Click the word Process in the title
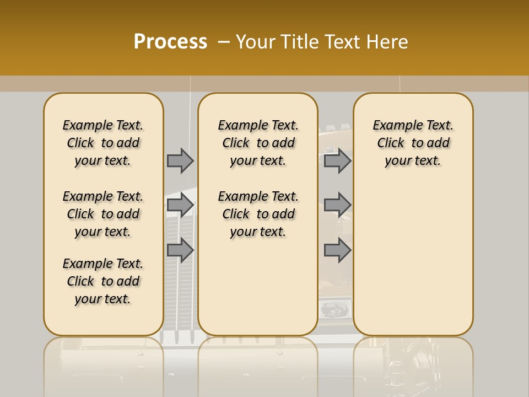[x=170, y=42]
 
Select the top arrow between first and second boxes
[x=180, y=160]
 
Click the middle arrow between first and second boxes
[x=180, y=205]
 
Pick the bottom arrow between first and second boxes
[x=180, y=250]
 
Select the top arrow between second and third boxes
[x=337, y=160]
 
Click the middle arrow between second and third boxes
[x=337, y=205]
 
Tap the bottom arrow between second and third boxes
[x=337, y=250]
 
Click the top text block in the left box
[x=103, y=143]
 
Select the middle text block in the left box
[x=103, y=214]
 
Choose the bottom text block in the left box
[x=103, y=281]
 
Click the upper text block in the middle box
[x=258, y=143]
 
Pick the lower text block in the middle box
[x=258, y=214]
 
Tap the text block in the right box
[x=413, y=143]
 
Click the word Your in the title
[x=256, y=42]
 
